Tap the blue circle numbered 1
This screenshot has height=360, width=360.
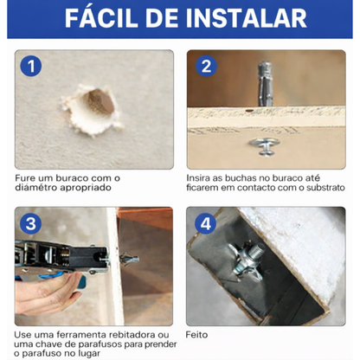31,67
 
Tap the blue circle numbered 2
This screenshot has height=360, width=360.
205,67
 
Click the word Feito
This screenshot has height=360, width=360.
199,333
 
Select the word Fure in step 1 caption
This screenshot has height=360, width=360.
25,178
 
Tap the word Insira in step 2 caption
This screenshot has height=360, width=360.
201,178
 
